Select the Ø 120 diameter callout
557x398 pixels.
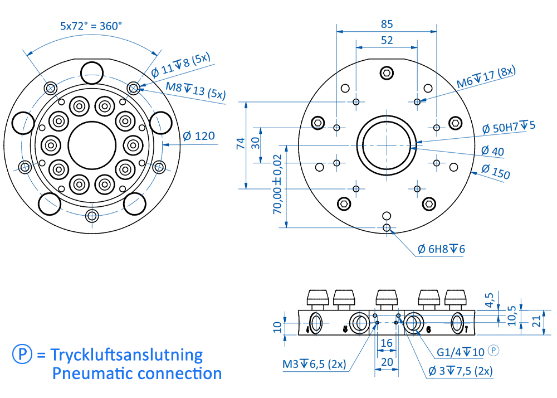click(199, 135)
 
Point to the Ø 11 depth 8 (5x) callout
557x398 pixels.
click(182, 65)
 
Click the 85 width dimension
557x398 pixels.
click(387, 24)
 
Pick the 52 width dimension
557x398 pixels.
click(387, 40)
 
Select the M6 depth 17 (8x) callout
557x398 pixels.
click(486, 77)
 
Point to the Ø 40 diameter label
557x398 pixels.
click(492, 151)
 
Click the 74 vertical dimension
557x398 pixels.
click(241, 144)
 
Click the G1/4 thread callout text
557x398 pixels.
click(460, 352)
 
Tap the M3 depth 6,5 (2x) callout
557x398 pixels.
click(314, 365)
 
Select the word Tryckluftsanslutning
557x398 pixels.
click(126, 355)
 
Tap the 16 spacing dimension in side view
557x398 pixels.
click(387, 344)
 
